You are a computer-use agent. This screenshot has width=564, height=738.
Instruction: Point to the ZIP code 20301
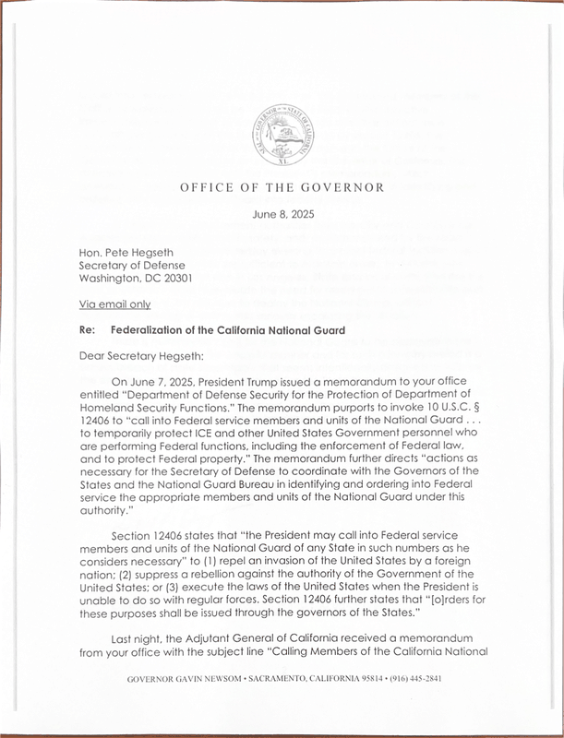[x=174, y=279]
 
